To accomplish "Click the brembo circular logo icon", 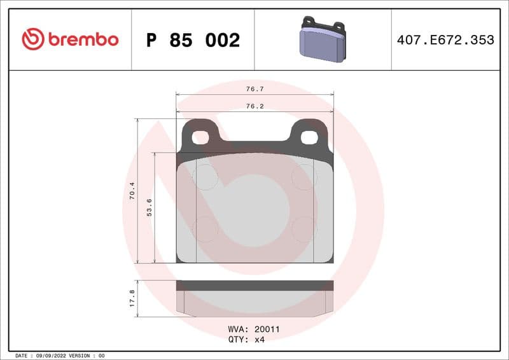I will (x=32, y=39).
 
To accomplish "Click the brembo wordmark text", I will (x=83, y=39).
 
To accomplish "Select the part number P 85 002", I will (x=193, y=40).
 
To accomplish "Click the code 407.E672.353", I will (x=445, y=40).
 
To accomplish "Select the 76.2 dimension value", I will (x=254, y=106).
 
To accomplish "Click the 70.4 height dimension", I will (x=132, y=191).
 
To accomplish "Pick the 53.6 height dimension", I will (x=150, y=207).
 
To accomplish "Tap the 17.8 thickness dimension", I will (x=132, y=298).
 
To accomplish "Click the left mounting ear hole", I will (x=201, y=137).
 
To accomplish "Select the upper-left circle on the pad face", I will (x=205, y=176).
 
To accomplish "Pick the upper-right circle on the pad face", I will (x=304, y=176).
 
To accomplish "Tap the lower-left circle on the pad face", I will (x=205, y=229).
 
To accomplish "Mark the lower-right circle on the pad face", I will (x=304, y=229).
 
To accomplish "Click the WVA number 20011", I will (x=267, y=329).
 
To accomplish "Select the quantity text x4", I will (x=259, y=340).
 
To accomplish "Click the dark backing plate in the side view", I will (x=254, y=286).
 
